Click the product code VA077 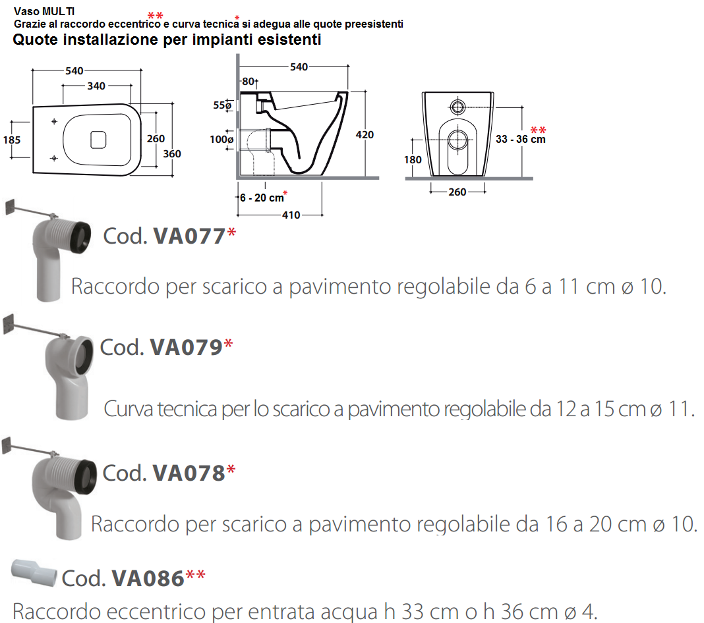[189, 236]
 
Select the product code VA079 [186, 347]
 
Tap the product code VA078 [189, 473]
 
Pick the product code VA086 [148, 578]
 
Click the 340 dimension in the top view [96, 86]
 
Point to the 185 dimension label [12, 140]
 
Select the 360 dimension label [172, 154]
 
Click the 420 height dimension [365, 134]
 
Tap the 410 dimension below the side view [291, 215]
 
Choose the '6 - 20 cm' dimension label [262, 198]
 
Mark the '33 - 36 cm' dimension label [520, 139]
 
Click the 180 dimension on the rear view [413, 159]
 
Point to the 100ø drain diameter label [221, 140]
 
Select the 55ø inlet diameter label [222, 105]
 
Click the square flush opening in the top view [98, 140]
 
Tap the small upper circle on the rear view [457, 107]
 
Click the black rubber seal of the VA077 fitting [82, 238]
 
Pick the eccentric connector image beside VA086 [34, 572]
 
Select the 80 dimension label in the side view [249, 82]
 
